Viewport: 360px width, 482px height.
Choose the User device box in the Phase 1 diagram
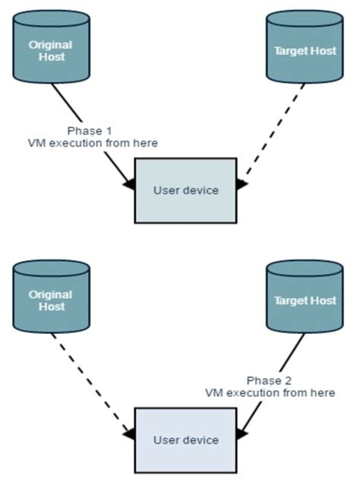(186, 190)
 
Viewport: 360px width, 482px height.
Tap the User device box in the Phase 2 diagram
(186, 439)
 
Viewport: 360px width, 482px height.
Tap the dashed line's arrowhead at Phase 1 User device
(242, 184)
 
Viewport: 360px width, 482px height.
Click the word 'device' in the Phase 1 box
(201, 190)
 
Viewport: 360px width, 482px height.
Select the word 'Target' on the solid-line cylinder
(290, 301)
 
